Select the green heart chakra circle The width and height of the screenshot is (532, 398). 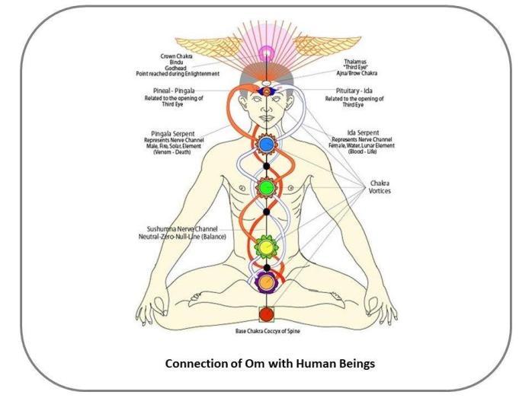(x=266, y=186)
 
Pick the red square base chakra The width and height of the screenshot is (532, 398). (x=266, y=314)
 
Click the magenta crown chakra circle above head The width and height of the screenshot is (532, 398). (x=266, y=53)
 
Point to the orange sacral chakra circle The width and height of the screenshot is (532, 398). (x=266, y=282)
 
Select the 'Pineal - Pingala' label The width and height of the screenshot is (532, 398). (x=172, y=90)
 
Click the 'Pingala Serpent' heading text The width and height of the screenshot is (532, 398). (x=171, y=132)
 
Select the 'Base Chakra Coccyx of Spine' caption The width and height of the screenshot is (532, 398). (x=266, y=331)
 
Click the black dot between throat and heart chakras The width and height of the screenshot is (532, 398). (x=266, y=165)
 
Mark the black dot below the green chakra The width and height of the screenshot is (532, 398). (x=266, y=212)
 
